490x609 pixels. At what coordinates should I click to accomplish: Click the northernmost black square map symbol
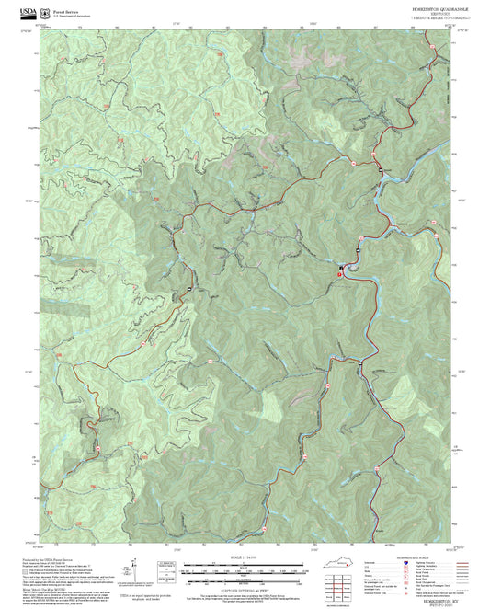(379, 170)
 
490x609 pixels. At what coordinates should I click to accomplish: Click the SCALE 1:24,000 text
(243, 557)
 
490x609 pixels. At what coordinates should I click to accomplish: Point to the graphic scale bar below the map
(243, 569)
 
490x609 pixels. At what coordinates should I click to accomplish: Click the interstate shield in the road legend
(405, 563)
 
